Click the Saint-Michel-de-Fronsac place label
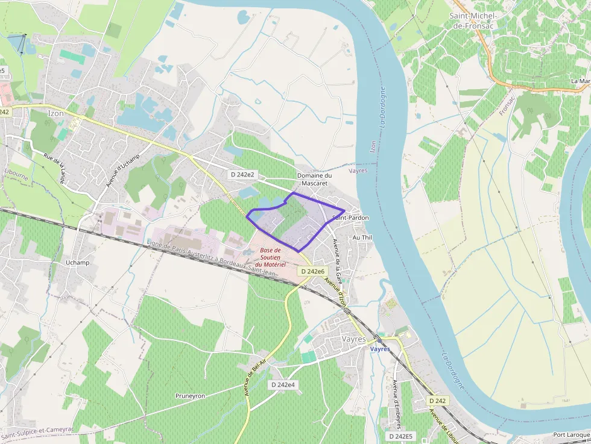pos(473,20)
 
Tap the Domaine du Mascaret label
pos(314,179)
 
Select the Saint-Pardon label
pos(352,217)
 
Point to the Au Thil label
pos(362,238)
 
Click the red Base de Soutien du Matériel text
pos(270,257)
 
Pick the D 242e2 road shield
pos(242,174)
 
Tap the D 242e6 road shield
pos(312,271)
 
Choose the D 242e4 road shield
pos(283,384)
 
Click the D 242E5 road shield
pos(400,436)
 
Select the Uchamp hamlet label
pos(77,263)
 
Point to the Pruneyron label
pos(190,396)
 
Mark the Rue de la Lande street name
pos(54,169)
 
